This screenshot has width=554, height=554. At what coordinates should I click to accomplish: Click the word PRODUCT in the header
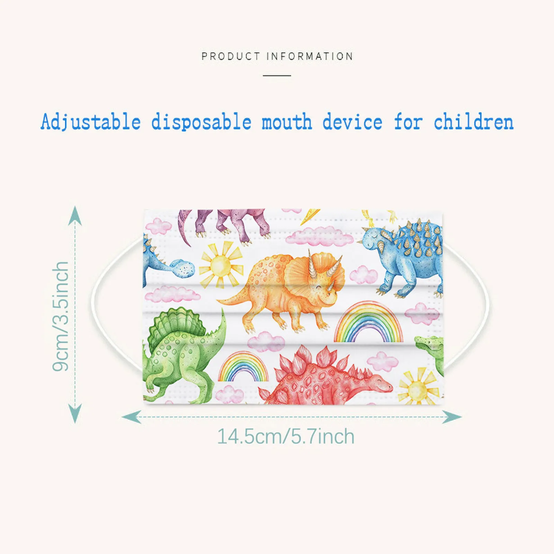pyautogui.click(x=231, y=56)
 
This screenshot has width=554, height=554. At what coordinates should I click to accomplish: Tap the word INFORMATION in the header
pyautogui.click(x=310, y=56)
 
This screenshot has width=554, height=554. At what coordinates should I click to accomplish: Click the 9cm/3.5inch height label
pyautogui.click(x=61, y=316)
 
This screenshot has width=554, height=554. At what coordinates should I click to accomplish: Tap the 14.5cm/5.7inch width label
pyautogui.click(x=286, y=437)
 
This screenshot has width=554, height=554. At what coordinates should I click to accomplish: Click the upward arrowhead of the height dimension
pyautogui.click(x=75, y=215)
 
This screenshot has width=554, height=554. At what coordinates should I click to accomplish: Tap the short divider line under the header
pyautogui.click(x=277, y=75)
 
